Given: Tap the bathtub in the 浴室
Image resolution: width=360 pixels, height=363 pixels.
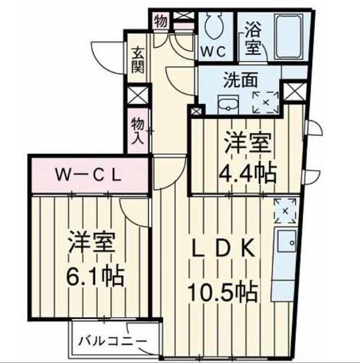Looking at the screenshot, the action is point(289,36).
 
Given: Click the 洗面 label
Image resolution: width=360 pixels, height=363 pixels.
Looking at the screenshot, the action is point(240,81).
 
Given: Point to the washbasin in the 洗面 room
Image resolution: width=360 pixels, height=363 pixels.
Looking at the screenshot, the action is point(228,104).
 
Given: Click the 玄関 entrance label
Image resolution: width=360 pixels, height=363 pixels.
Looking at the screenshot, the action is point(138,60).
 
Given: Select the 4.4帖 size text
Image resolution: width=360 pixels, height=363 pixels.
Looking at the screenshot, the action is point(248,174).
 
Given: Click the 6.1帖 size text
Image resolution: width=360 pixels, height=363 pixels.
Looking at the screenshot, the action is point(95,277).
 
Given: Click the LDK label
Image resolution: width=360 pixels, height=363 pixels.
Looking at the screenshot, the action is point(224,248).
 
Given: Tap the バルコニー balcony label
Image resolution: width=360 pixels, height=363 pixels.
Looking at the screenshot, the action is point(112,341).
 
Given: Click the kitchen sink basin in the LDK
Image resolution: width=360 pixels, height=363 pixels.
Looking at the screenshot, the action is point(287,241).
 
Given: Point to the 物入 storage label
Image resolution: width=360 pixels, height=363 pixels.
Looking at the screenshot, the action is point(138,131).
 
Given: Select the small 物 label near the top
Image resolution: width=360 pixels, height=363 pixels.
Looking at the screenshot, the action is point(161,22).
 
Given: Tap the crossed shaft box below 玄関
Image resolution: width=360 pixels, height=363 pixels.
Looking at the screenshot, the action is point(138,95).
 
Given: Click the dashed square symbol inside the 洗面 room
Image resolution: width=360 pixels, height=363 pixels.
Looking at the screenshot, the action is point(265,102).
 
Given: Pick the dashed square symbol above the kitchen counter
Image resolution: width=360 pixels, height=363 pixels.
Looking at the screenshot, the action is point(285,211).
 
